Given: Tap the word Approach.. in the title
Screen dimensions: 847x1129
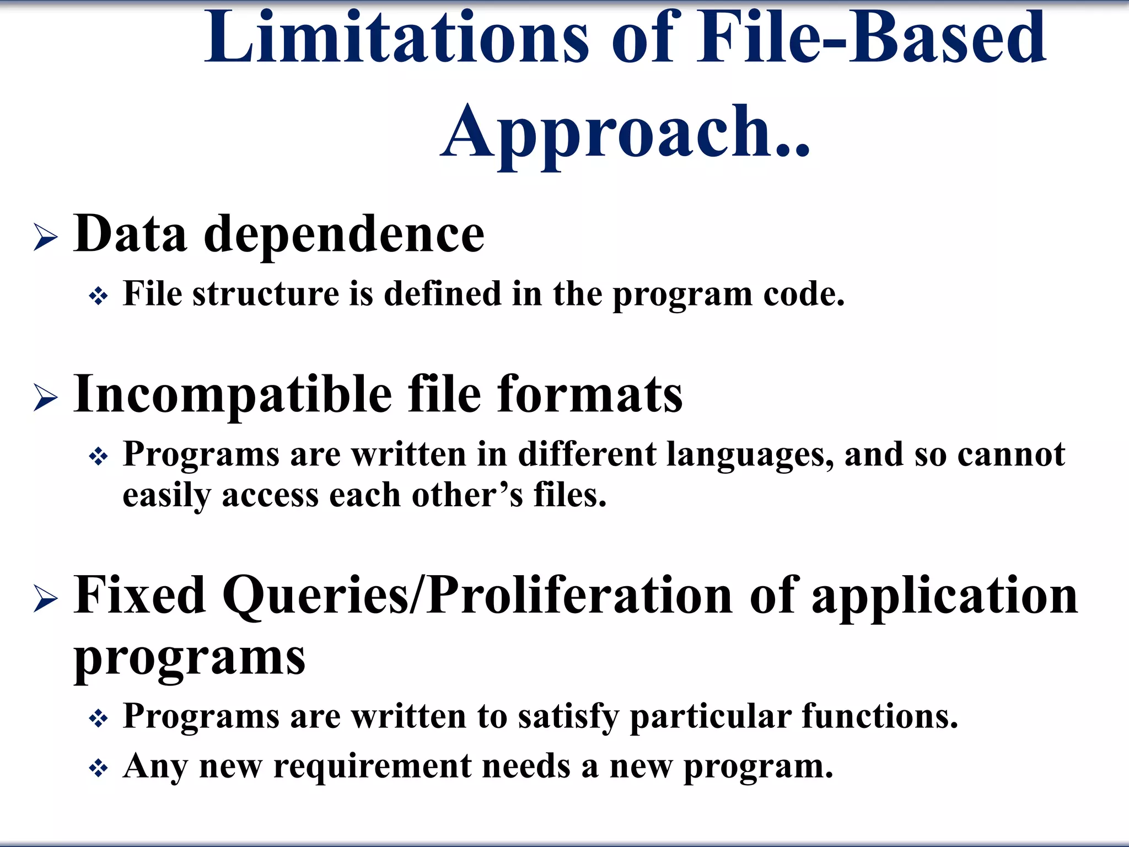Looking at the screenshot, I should click(x=626, y=132).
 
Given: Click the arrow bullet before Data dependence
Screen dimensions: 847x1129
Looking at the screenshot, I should click(x=45, y=238).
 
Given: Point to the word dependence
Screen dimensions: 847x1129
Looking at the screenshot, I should click(x=344, y=235).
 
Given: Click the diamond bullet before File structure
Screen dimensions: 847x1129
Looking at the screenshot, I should click(x=99, y=297).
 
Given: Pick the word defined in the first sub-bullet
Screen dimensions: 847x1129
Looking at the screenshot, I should click(x=442, y=293).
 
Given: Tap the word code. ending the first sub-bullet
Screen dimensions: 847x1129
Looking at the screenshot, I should click(x=803, y=294).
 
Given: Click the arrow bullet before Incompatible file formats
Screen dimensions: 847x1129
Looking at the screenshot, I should click(x=45, y=398).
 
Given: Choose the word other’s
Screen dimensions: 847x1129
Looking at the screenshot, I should click(x=467, y=495).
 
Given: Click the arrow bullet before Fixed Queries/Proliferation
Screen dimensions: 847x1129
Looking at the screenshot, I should click(x=45, y=599).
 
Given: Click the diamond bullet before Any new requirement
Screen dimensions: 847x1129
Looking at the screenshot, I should click(x=99, y=768).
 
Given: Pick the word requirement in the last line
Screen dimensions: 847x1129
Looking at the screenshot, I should click(x=372, y=766).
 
